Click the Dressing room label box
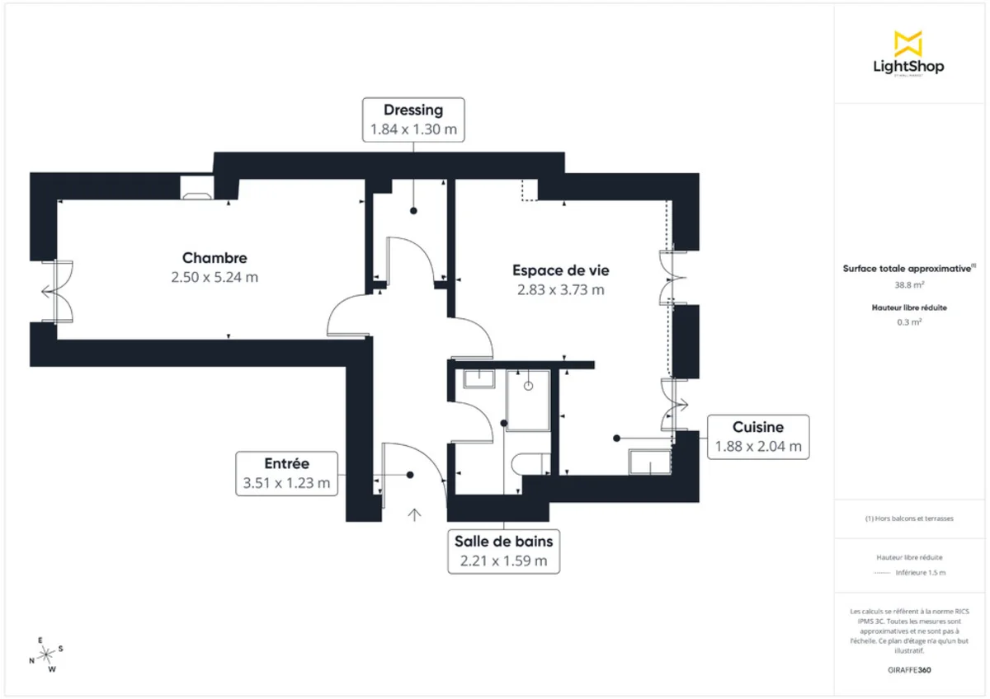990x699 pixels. pos(413,120)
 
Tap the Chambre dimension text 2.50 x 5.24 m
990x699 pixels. pos(214,278)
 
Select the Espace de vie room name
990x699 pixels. pos(560,270)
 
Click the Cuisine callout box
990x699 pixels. pos(757,437)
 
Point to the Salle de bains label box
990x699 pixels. pos(503,551)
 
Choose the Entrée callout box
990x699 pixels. pos(287,473)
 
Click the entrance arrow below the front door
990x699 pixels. pos(414,515)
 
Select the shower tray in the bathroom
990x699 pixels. pos(528,400)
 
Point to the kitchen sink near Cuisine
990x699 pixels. pos(650,462)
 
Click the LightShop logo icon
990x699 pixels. pos(908,44)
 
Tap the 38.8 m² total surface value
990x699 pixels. pos(908,284)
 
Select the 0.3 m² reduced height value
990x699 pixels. pos(908,322)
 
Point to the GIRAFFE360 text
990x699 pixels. pos(909,670)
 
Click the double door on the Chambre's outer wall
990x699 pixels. pos(56,291)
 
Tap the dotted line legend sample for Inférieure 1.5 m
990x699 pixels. pos(882,572)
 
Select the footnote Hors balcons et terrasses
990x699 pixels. pos(909,518)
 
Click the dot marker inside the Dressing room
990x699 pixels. pos(413,212)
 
